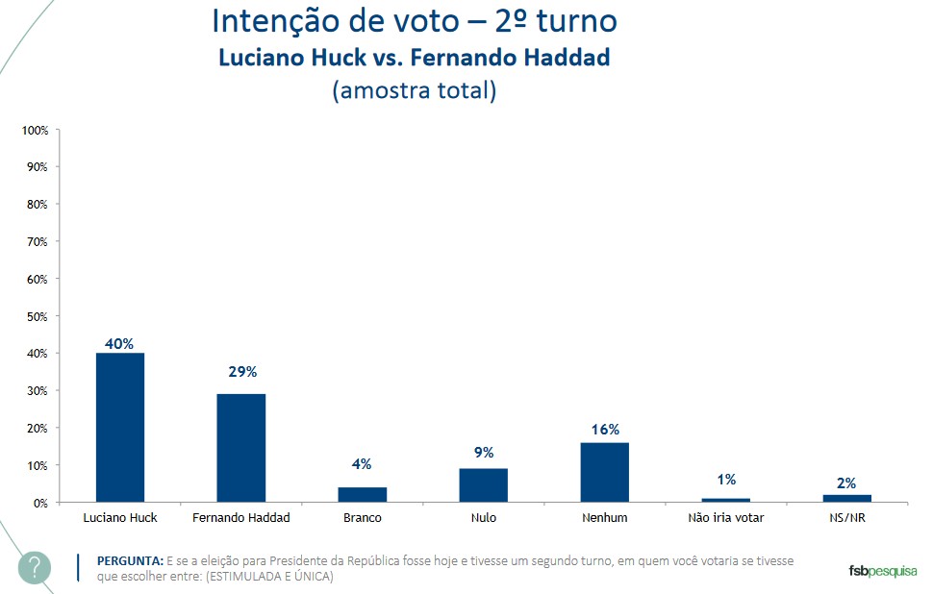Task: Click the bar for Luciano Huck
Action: coord(120,428)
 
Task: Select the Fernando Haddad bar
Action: coord(241,448)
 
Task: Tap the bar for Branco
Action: coord(363,494)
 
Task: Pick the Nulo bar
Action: coord(483,485)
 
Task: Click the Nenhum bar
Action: coord(604,472)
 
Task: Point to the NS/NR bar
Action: coord(846,498)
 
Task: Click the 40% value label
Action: coord(119,343)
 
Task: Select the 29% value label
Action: coord(241,372)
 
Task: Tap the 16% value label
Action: coord(604,430)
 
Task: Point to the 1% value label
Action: coord(726,479)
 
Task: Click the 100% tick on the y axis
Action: coord(35,130)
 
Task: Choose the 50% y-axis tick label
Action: coord(38,316)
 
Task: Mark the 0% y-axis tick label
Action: coord(40,503)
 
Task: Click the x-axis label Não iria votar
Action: coord(726,518)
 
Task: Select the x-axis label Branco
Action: coord(363,518)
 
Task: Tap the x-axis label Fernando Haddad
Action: coord(241,518)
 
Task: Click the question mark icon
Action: coord(35,567)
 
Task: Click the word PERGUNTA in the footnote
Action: coord(130,560)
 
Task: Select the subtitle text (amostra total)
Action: coord(414,91)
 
